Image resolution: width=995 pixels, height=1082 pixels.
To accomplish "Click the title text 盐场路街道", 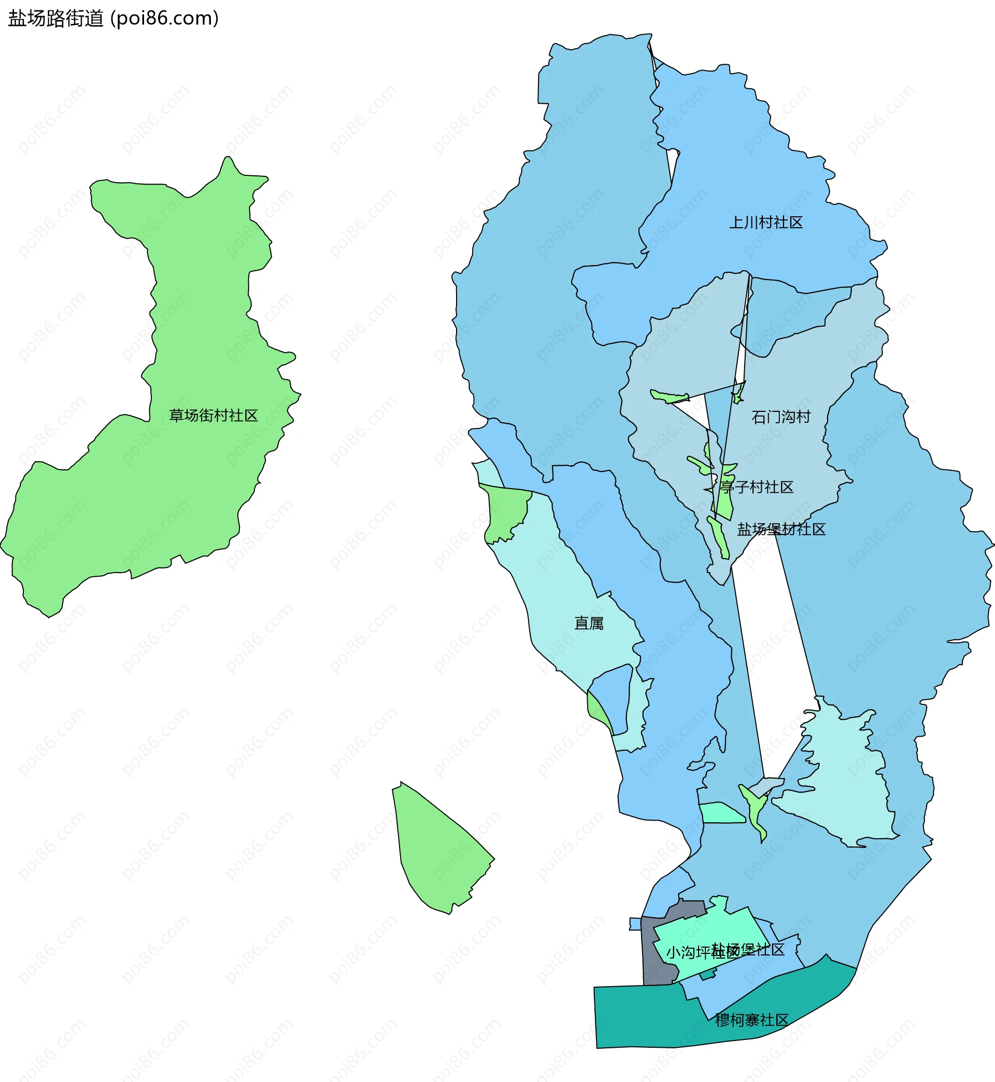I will pyautogui.click(x=55, y=19).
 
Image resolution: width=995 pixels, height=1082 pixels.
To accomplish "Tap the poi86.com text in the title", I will pyautogui.click(x=164, y=19).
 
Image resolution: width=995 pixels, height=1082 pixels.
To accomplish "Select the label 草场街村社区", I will pyautogui.click(x=214, y=415).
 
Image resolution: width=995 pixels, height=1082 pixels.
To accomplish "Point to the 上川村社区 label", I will pyautogui.click(x=765, y=223).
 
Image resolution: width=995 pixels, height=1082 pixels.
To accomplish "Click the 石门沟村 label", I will pyautogui.click(x=780, y=417).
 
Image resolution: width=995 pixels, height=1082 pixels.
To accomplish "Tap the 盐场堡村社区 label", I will pyautogui.click(x=780, y=529).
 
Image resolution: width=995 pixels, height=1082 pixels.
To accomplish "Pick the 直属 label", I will pyautogui.click(x=589, y=623).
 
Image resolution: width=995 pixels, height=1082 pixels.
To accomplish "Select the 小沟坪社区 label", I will pyautogui.click(x=694, y=953).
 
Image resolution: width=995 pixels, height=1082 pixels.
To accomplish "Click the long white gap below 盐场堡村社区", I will pyautogui.click(x=775, y=647).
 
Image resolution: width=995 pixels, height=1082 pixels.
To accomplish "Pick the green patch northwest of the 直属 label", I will pyautogui.click(x=506, y=512).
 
